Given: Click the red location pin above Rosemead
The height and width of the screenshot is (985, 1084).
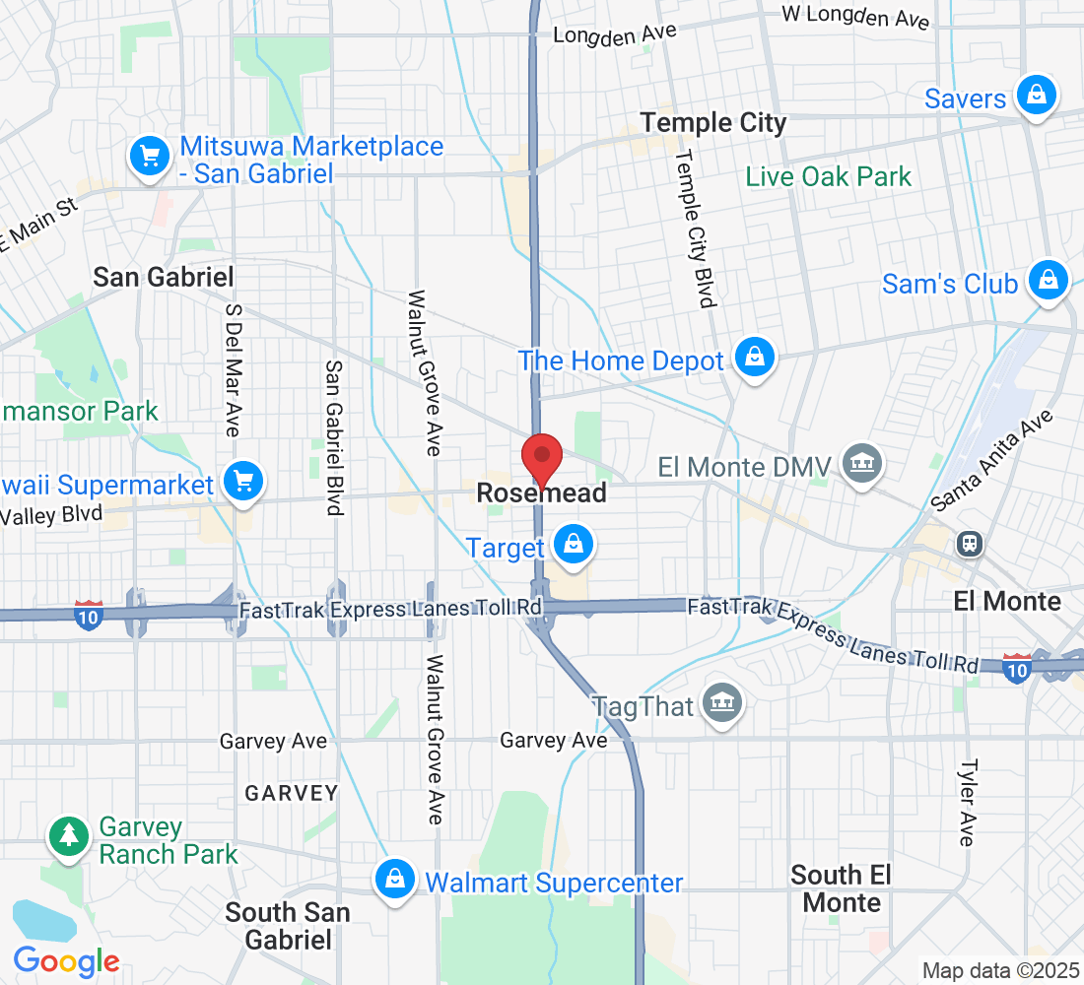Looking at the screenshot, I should (541, 457).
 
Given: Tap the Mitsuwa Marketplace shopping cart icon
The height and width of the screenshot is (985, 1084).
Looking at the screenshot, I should (150, 156).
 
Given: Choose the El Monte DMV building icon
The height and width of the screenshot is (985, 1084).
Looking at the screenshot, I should (862, 463).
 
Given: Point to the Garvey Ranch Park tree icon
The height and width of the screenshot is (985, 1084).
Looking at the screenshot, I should (68, 836).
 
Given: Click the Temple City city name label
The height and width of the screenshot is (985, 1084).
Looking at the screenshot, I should (713, 123).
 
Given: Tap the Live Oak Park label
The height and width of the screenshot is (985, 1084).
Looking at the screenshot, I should (829, 177).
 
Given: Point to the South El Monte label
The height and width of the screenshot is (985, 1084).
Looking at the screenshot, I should (842, 888).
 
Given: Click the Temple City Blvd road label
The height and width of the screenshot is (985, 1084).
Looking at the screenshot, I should (694, 229).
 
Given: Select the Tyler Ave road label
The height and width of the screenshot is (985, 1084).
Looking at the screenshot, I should (969, 802).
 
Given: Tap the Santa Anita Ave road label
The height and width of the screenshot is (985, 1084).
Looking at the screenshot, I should (992, 460).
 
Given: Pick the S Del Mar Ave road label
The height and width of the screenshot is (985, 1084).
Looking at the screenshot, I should (234, 368).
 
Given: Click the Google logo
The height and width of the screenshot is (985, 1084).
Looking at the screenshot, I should (66, 960).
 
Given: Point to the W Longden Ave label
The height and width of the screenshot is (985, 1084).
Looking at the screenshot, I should (855, 17).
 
